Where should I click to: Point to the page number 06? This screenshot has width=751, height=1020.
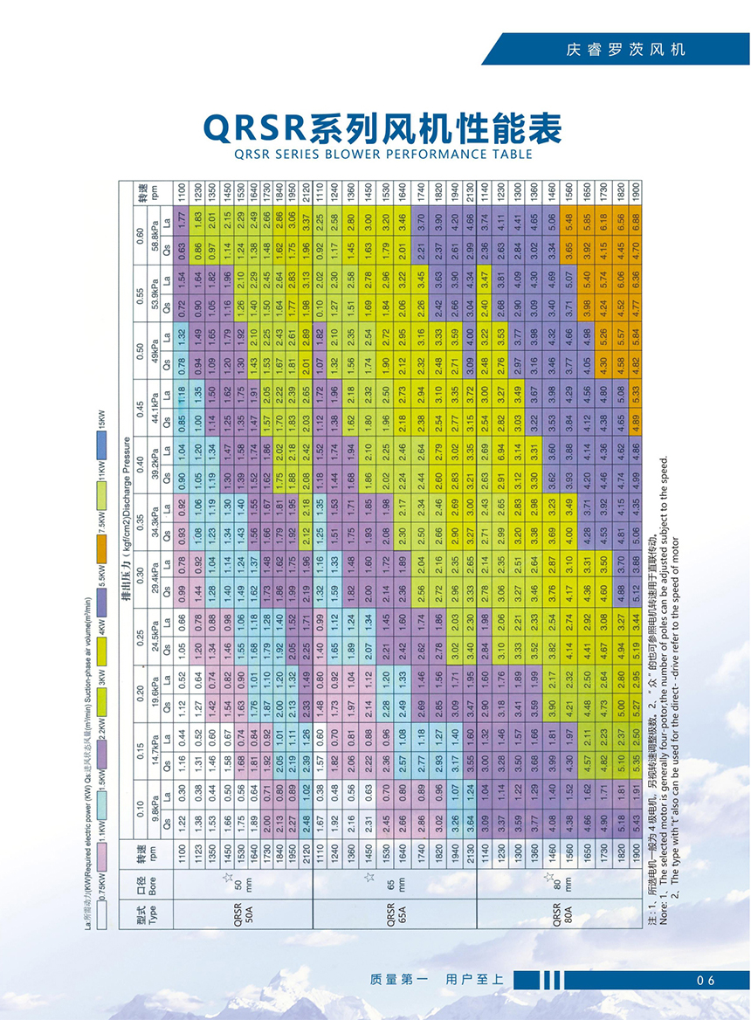point(706,980)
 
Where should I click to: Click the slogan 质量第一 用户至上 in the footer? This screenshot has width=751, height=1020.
point(437,980)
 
